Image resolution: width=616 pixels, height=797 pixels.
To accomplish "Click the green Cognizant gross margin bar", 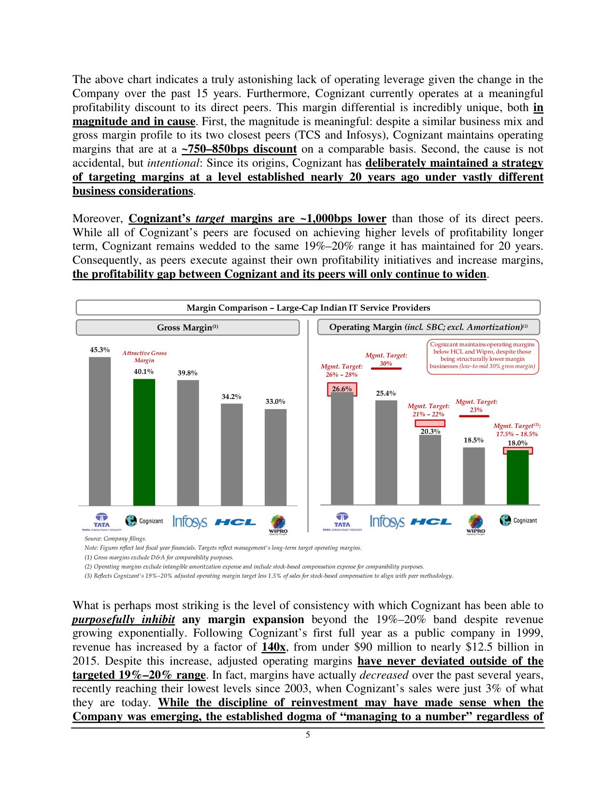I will (144, 441).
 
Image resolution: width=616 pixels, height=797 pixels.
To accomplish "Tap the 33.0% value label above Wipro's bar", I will (275, 401).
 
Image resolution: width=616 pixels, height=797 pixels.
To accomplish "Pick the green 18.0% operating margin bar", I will (517, 477).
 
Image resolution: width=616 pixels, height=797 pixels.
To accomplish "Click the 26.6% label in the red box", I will (342, 389).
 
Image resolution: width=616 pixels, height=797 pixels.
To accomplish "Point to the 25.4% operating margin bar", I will (386, 452).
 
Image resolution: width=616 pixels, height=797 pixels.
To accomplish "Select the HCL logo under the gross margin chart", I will (235, 522).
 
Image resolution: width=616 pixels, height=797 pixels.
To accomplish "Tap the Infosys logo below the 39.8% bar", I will (189, 522).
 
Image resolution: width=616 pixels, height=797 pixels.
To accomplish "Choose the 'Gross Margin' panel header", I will (187, 327).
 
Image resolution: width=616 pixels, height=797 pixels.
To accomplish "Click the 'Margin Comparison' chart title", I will (308, 308).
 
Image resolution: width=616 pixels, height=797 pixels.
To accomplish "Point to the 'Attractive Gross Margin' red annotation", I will (144, 356).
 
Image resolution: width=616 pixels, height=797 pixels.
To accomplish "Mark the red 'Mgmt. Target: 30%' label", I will (386, 359).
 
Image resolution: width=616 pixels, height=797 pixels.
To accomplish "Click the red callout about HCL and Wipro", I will (482, 356).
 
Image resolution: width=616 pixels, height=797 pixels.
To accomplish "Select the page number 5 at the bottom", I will (308, 735).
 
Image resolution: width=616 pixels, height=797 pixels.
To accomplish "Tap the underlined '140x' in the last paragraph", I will (273, 647).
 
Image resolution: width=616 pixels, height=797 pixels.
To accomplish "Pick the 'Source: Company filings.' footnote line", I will (115, 539).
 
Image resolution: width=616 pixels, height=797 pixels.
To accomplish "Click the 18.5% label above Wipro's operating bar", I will (473, 440).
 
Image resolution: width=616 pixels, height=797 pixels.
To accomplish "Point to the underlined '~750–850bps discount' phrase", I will (239, 149).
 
